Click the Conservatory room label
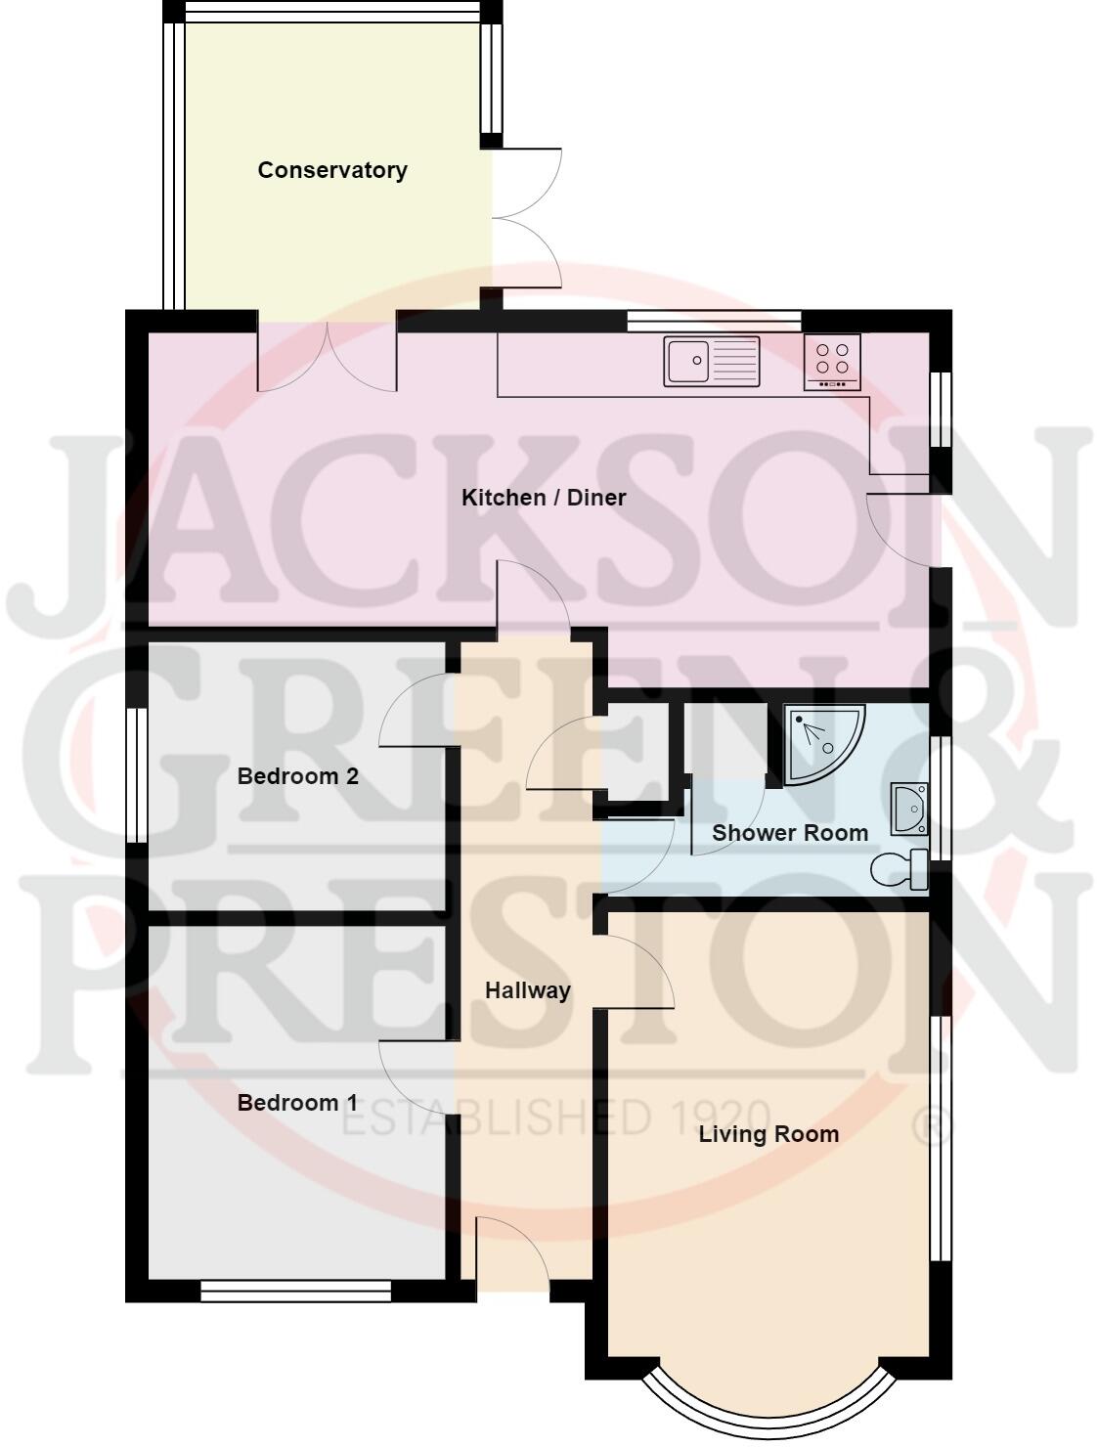pyautogui.click(x=332, y=170)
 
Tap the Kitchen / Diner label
pyautogui.click(x=544, y=498)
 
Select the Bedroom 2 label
pyautogui.click(x=285, y=776)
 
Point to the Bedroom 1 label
pyautogui.click(x=297, y=1103)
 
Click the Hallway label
pyautogui.click(x=528, y=990)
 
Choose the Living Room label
pyautogui.click(x=768, y=1134)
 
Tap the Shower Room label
pyautogui.click(x=790, y=833)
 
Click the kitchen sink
pyautogui.click(x=712, y=361)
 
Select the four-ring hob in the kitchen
pyautogui.click(x=832, y=362)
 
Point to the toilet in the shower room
pyautogui.click(x=900, y=869)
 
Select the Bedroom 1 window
pyautogui.click(x=296, y=1292)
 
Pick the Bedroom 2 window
pyautogui.click(x=137, y=775)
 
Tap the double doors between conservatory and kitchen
pyautogui.click(x=328, y=354)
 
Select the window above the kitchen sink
pyautogui.click(x=714, y=320)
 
